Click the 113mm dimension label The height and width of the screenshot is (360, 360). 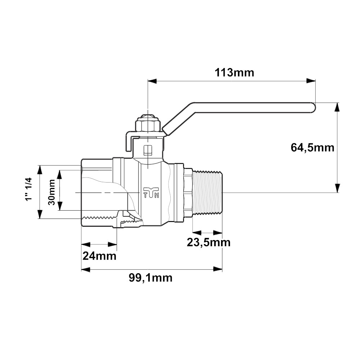click(234, 73)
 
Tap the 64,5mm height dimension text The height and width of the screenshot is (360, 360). click(312, 148)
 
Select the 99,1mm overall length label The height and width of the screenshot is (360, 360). click(150, 278)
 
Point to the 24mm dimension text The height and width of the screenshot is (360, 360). click(99, 256)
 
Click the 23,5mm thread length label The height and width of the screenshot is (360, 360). click(208, 242)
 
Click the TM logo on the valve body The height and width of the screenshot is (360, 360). click(151, 192)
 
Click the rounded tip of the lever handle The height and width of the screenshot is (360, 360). click(313, 107)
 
